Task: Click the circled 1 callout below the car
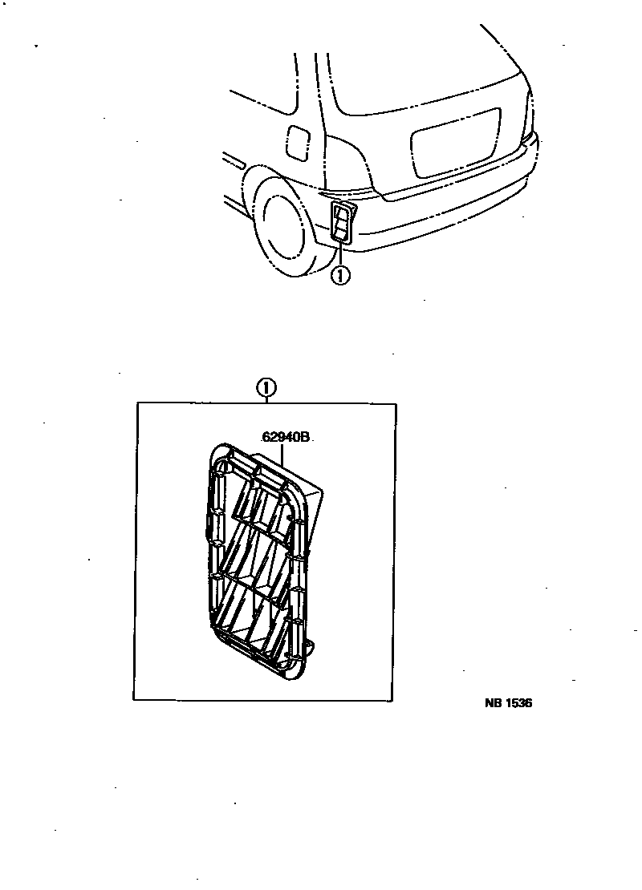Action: pyautogui.click(x=340, y=276)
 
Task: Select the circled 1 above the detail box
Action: pyautogui.click(x=266, y=389)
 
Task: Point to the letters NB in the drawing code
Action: pyautogui.click(x=495, y=703)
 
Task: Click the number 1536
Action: pyautogui.click(x=520, y=703)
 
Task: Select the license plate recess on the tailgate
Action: pyautogui.click(x=454, y=143)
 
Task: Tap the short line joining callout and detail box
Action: pyautogui.click(x=266, y=399)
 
